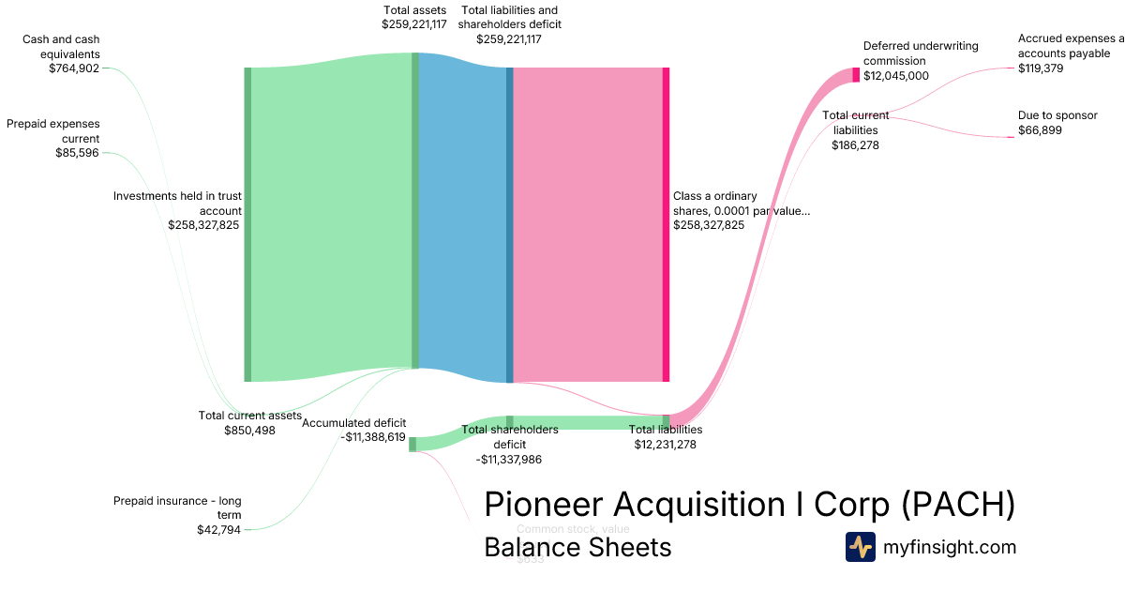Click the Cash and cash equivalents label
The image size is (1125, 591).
pyautogui.click(x=61, y=46)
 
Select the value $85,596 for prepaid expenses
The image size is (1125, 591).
pyautogui.click(x=77, y=153)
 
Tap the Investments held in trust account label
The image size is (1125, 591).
pyautogui.click(x=177, y=204)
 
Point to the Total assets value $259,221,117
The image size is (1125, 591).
pyautogui.click(x=413, y=24)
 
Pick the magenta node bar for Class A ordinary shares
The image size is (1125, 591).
pyautogui.click(x=666, y=224)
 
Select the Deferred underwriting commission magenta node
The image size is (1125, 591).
pyautogui.click(x=855, y=75)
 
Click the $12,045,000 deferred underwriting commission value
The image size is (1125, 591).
pyautogui.click(x=895, y=76)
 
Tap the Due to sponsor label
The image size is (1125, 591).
pyautogui.click(x=1057, y=115)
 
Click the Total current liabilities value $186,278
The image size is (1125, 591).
pyautogui.click(x=855, y=145)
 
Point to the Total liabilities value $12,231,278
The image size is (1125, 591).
pyautogui.click(x=665, y=445)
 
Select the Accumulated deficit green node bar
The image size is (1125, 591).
pyautogui.click(x=412, y=444)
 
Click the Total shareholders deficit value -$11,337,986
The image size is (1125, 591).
pyautogui.click(x=509, y=460)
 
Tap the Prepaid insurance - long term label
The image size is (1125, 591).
pyautogui.click(x=177, y=508)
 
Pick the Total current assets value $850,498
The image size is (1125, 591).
pyautogui.click(x=249, y=431)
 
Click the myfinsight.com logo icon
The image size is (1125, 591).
pyautogui.click(x=860, y=547)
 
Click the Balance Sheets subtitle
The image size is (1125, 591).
pyautogui.click(x=577, y=547)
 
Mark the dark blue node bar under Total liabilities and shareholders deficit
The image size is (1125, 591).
pyautogui.click(x=509, y=224)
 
